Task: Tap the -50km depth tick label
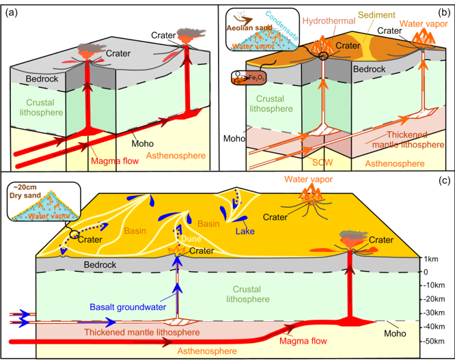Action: (x=435, y=340)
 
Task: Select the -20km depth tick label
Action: (x=435, y=299)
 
